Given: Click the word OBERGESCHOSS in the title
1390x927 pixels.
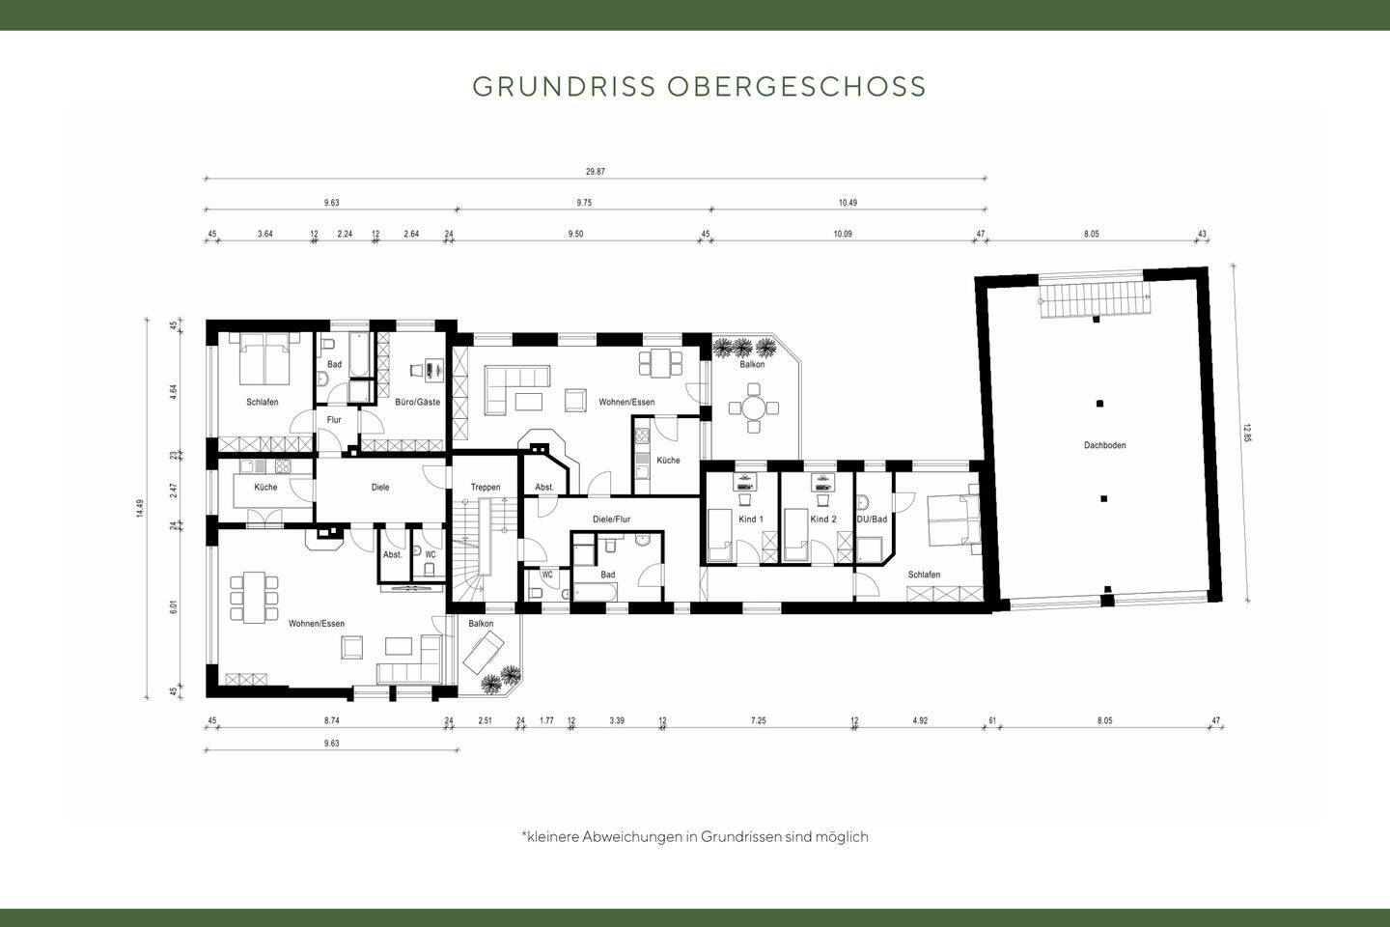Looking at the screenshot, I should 796,86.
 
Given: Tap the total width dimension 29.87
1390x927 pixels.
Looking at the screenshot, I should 595,172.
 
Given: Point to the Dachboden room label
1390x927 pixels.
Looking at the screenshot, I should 1104,445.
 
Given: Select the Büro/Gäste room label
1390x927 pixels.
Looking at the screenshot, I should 417,402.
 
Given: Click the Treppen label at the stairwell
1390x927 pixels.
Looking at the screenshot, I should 485,488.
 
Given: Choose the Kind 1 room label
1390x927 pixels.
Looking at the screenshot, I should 750,520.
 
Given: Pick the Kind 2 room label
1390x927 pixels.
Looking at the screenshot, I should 822,520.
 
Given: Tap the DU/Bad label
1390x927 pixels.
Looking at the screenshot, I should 872,520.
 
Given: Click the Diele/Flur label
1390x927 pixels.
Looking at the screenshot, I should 611,520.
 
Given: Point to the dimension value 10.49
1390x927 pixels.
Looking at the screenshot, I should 848,203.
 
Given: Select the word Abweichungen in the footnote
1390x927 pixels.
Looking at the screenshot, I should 631,837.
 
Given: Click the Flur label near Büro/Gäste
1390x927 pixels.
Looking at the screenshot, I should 334,420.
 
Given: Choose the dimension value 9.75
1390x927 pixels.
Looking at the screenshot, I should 584,203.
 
